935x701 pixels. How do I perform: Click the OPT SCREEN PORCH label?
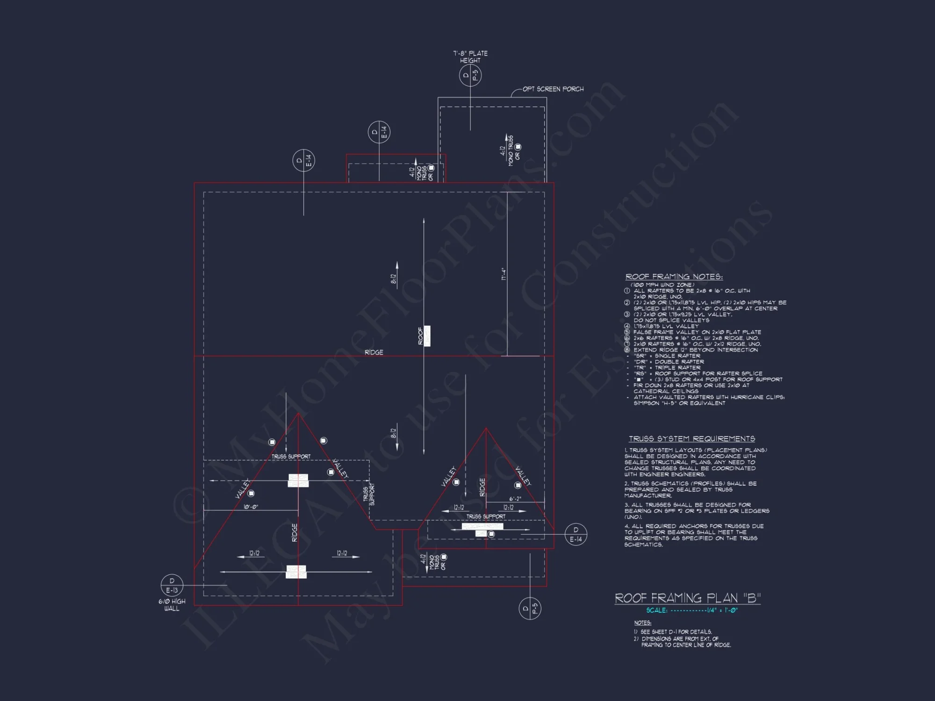tap(553, 89)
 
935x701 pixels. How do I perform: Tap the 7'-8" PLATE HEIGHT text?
tap(470, 57)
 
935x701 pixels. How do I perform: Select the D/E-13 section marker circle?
tap(172, 586)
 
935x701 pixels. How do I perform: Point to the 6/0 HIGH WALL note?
tap(172, 605)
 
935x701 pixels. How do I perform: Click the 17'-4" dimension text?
tap(503, 274)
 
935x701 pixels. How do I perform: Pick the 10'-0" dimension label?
tap(251, 507)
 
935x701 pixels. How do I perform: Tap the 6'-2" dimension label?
tap(515, 499)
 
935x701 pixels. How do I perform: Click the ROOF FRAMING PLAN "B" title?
tap(687, 598)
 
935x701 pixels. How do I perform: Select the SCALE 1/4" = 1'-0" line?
tap(692, 610)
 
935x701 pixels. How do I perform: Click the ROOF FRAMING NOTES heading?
tap(674, 277)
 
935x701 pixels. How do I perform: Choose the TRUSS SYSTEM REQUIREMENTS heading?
tap(691, 438)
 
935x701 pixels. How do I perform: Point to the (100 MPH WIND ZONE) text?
tap(662, 285)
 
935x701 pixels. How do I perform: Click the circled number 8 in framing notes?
tap(627, 350)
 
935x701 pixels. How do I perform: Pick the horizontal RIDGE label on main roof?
tap(374, 352)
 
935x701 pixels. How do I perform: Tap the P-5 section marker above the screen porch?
tap(470, 75)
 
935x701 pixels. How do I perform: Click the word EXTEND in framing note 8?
tap(645, 350)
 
